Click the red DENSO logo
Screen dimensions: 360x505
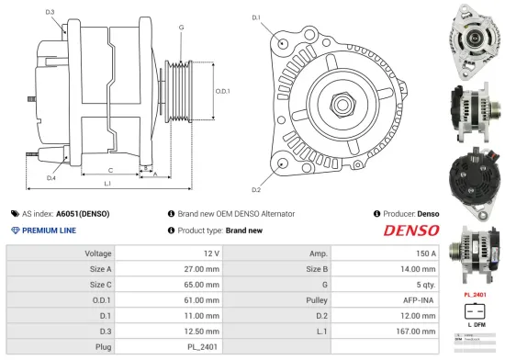coord(411,231)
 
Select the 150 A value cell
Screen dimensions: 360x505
coord(426,253)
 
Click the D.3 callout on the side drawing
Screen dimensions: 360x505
coord(50,12)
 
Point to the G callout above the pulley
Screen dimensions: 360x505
coord(181,28)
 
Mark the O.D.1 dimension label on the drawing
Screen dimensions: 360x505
coord(222,91)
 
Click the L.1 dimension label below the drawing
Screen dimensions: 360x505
coord(108,185)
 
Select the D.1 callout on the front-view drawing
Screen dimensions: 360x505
coord(256,17)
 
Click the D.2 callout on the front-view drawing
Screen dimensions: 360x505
coord(256,190)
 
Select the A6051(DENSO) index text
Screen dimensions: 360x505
coord(83,214)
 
